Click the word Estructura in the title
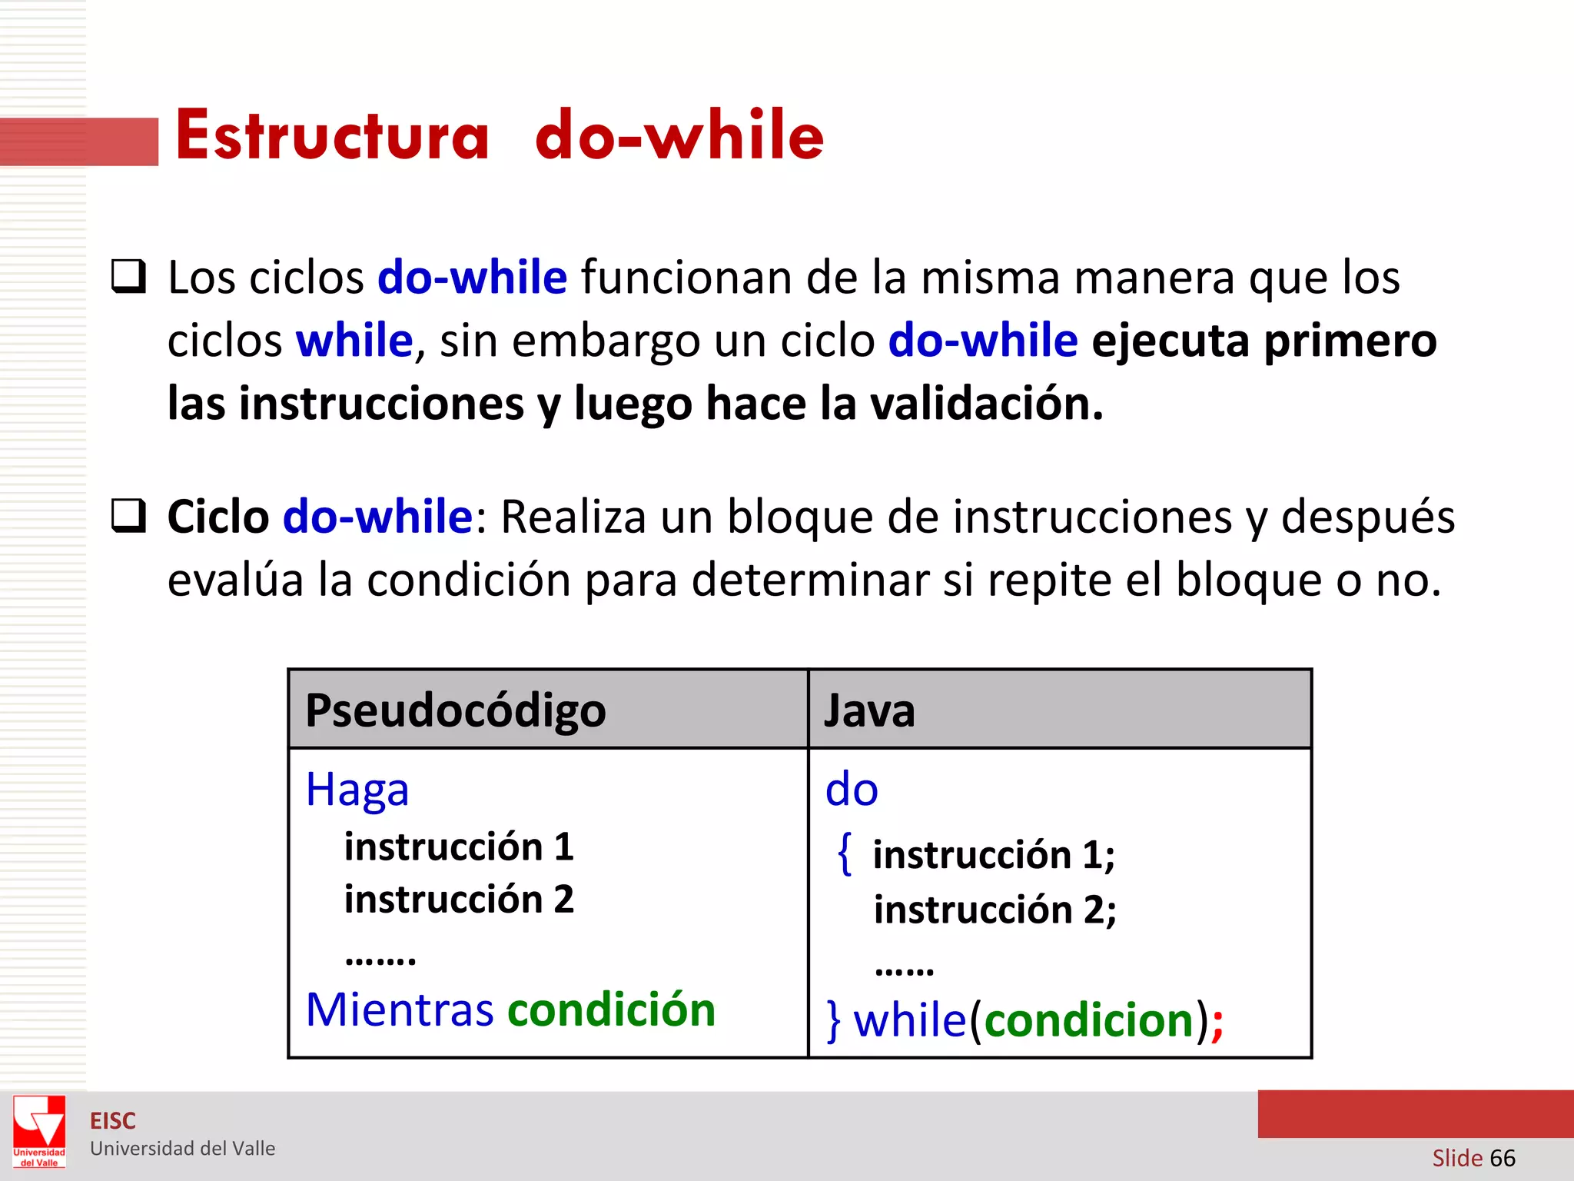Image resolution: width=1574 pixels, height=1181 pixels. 332,135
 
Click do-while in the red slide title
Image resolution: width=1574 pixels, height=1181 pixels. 679,135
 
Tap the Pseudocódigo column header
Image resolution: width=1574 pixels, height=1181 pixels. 455,710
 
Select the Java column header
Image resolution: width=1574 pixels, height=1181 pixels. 869,710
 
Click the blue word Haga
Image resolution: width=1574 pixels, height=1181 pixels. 357,790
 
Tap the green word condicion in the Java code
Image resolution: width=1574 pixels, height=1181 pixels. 1089,1020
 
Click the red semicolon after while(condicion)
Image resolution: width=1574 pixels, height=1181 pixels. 1217,1023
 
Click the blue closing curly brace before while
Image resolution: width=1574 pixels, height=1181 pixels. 834,1021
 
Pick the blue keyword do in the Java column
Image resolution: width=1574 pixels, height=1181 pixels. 852,790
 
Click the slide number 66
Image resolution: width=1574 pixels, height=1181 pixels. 1503,1158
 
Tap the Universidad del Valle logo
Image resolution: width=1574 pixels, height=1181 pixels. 39,1131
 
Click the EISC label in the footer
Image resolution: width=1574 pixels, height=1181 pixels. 113,1121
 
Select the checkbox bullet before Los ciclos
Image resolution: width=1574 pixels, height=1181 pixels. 128,277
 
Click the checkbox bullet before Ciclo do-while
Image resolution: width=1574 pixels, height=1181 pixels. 128,516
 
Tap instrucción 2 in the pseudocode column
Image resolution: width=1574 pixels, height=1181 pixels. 459,899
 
